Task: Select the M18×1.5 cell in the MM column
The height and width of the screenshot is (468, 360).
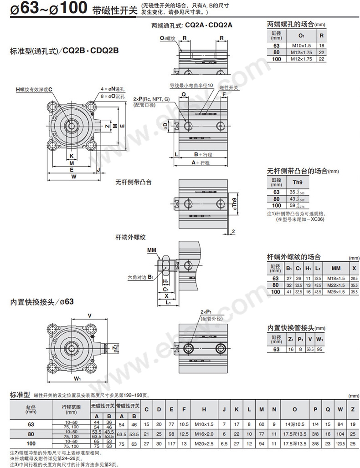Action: click(336, 278)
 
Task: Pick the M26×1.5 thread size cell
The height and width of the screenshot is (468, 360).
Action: click(336, 291)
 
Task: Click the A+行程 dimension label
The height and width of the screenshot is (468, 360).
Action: click(201, 163)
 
